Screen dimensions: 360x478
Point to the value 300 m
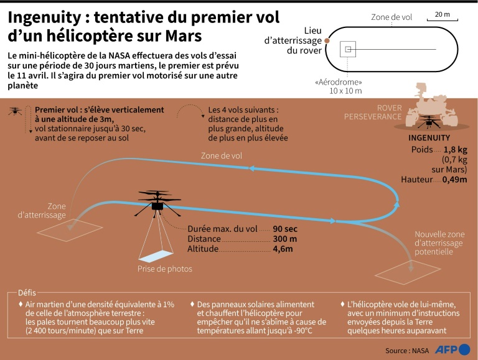pyautogui.click(x=284, y=239)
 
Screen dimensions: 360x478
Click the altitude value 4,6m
pyautogui.click(x=283, y=249)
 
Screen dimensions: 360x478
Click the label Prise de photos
pyautogui.click(x=165, y=269)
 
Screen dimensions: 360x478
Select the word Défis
pyautogui.click(x=28, y=292)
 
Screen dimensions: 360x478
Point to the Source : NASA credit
pyautogui.click(x=407, y=351)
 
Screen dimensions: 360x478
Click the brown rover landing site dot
pyautogui.click(x=327, y=42)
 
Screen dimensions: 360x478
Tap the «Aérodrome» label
pyautogui.click(x=339, y=82)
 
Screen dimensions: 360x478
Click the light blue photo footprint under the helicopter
pyautogui.click(x=155, y=255)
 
